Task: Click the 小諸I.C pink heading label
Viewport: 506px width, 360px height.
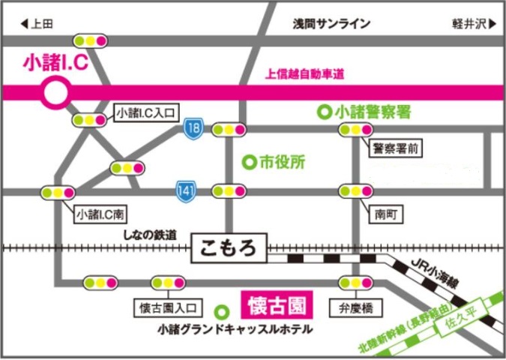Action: tap(57, 63)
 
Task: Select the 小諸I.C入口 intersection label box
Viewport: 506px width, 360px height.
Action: tap(145, 113)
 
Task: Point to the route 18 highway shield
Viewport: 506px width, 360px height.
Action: tap(193, 129)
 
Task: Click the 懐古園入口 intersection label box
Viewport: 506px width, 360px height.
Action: tap(167, 307)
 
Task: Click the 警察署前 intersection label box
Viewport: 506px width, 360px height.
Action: tap(395, 148)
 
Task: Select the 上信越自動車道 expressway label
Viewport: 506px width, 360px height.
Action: tap(304, 74)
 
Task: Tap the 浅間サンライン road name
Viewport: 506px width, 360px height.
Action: tap(331, 24)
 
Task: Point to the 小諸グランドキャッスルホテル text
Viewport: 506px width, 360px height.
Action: tap(235, 329)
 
